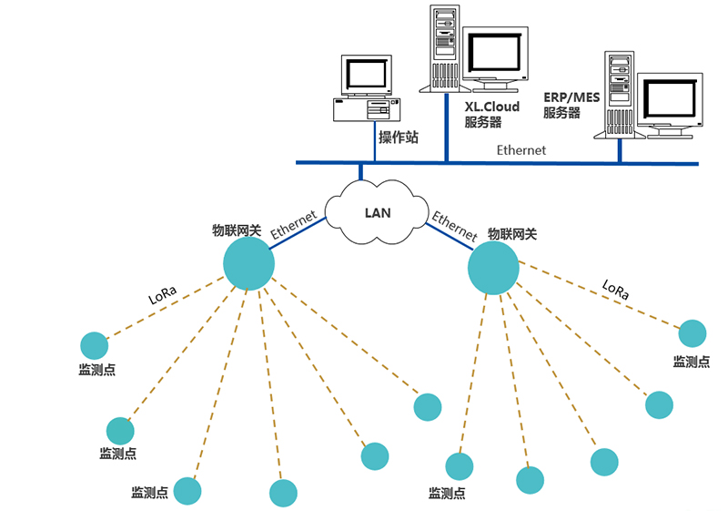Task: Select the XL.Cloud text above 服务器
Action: pyautogui.click(x=491, y=107)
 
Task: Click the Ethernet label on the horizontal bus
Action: pyautogui.click(x=521, y=149)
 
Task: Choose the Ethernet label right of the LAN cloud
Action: pyautogui.click(x=454, y=226)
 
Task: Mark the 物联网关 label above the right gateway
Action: pyautogui.click(x=511, y=234)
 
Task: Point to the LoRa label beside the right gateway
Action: pyautogui.click(x=615, y=290)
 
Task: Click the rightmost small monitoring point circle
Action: pyautogui.click(x=692, y=333)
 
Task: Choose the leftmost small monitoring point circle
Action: pyautogui.click(x=94, y=345)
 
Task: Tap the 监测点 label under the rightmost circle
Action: pyautogui.click(x=691, y=362)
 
